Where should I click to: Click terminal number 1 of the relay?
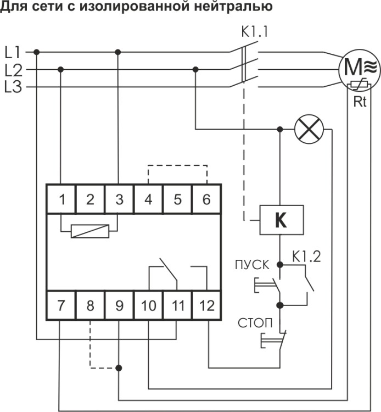[61, 199]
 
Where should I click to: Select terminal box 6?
[206, 199]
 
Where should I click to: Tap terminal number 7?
[61, 305]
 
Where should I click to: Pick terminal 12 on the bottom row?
[206, 305]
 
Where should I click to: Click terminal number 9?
[119, 305]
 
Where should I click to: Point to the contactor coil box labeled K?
[282, 220]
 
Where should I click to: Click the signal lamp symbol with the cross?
[309, 129]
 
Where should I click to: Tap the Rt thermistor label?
[360, 102]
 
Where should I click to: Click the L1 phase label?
[13, 52]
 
